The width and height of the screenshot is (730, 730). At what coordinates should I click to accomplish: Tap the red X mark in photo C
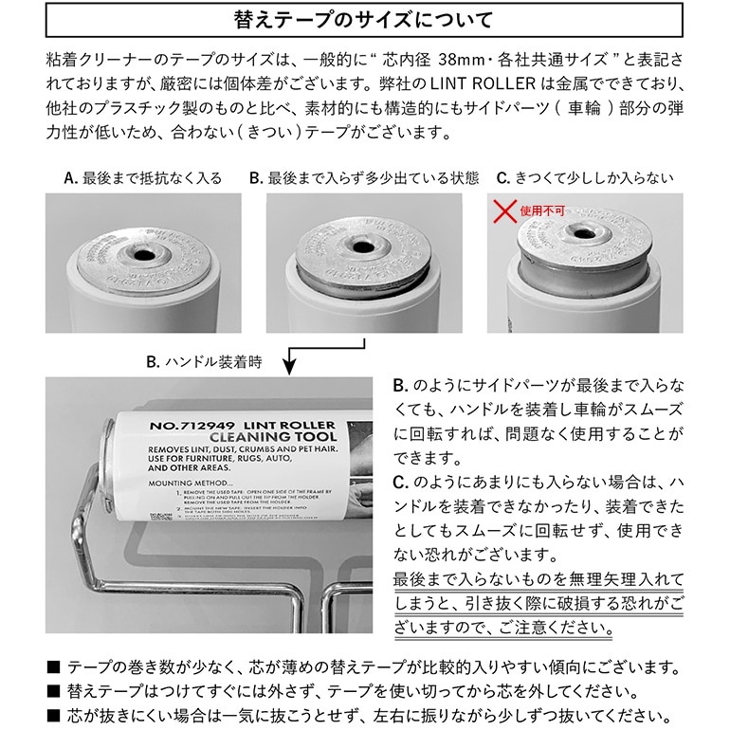[x=504, y=210]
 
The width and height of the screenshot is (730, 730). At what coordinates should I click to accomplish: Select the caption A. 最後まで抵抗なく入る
[x=142, y=178]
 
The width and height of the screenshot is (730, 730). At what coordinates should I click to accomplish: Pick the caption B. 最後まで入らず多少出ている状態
[x=364, y=178]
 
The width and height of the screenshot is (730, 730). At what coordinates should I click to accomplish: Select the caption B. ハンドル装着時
[x=204, y=361]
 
